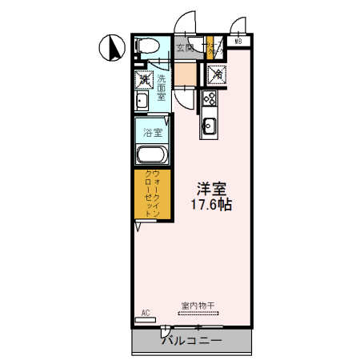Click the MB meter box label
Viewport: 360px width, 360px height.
pos(238,42)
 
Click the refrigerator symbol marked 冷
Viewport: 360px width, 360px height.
pos(216,74)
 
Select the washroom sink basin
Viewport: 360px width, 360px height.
pos(142,101)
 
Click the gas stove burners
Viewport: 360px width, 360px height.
pos(210,100)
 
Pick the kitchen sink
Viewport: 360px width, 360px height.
pos(210,125)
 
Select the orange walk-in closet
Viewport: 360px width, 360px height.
pos(151,194)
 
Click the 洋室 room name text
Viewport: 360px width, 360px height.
pos(212,189)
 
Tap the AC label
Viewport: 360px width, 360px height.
pos(146,312)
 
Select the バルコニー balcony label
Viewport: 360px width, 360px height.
pos(191,340)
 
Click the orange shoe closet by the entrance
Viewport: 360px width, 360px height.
pos(211,48)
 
